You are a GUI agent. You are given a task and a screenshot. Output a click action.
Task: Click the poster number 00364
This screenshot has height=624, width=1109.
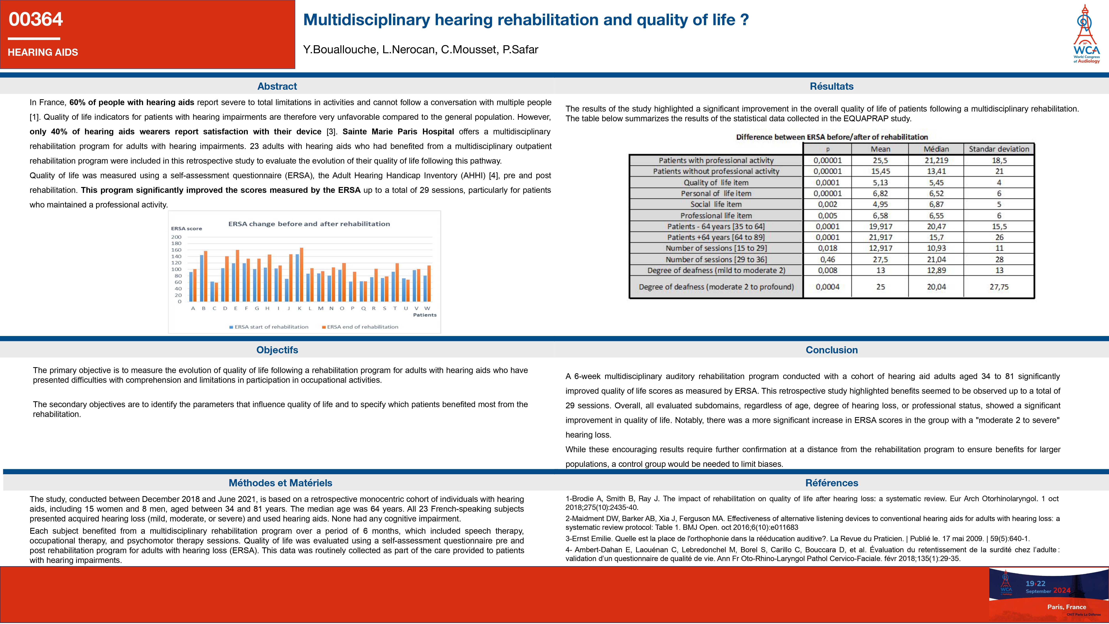36,19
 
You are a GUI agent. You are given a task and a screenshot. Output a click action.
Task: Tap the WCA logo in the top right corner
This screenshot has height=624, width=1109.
1086,35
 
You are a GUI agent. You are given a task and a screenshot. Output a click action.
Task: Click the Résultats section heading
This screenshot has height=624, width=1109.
831,86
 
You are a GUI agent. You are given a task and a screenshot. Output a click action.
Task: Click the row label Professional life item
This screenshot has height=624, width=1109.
716,215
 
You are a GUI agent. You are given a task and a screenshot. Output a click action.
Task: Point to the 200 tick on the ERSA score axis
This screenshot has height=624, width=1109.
176,237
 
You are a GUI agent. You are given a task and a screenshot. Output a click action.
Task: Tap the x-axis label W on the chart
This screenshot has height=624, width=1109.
427,308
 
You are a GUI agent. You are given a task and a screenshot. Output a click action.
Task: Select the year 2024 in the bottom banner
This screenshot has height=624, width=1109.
1062,590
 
